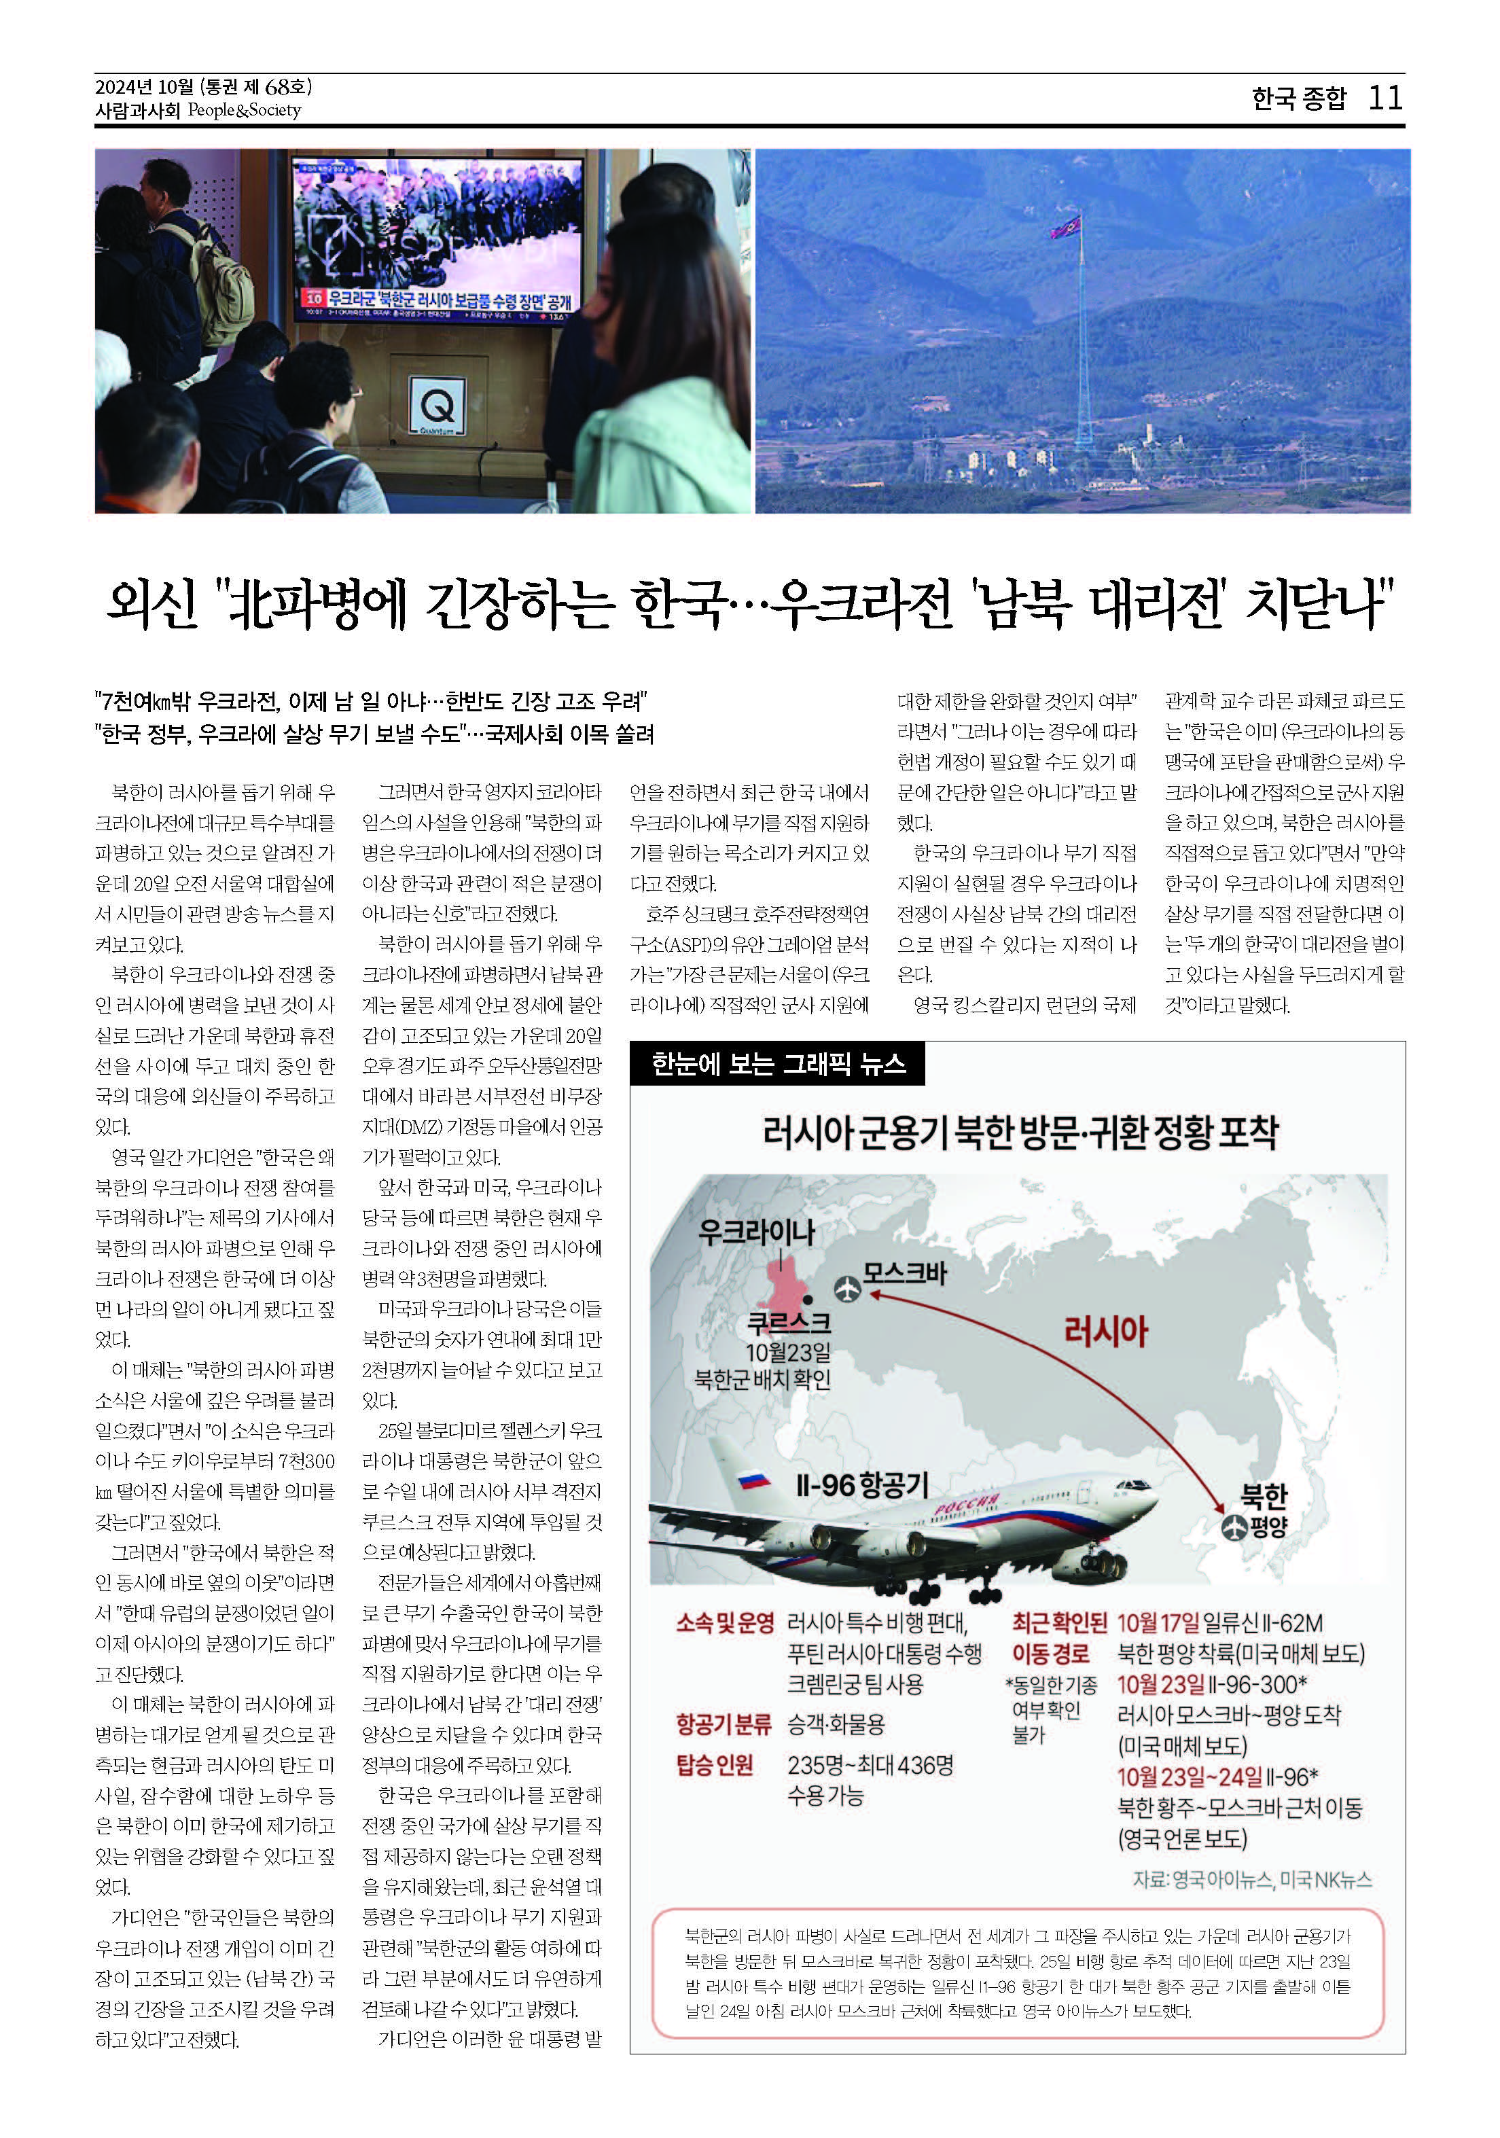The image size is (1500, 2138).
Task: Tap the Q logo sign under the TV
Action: point(437,408)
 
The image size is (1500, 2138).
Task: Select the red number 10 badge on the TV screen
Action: point(314,298)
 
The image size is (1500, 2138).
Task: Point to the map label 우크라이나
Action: point(756,1231)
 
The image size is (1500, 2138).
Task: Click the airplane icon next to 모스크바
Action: point(846,1289)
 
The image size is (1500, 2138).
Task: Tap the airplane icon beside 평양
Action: point(1234,1526)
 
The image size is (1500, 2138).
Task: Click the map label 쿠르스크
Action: point(789,1321)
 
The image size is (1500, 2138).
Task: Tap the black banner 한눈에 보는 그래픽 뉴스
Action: point(777,1063)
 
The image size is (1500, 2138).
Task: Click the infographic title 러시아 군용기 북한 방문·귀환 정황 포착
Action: point(1020,1133)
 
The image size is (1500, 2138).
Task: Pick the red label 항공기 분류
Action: point(724,1724)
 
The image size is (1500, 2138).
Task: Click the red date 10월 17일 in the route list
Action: point(1158,1623)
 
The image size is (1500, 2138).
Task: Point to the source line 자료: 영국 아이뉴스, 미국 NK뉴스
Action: point(1251,1879)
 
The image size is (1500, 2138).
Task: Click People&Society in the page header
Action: point(244,110)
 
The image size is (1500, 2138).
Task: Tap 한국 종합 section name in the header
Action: point(1298,98)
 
